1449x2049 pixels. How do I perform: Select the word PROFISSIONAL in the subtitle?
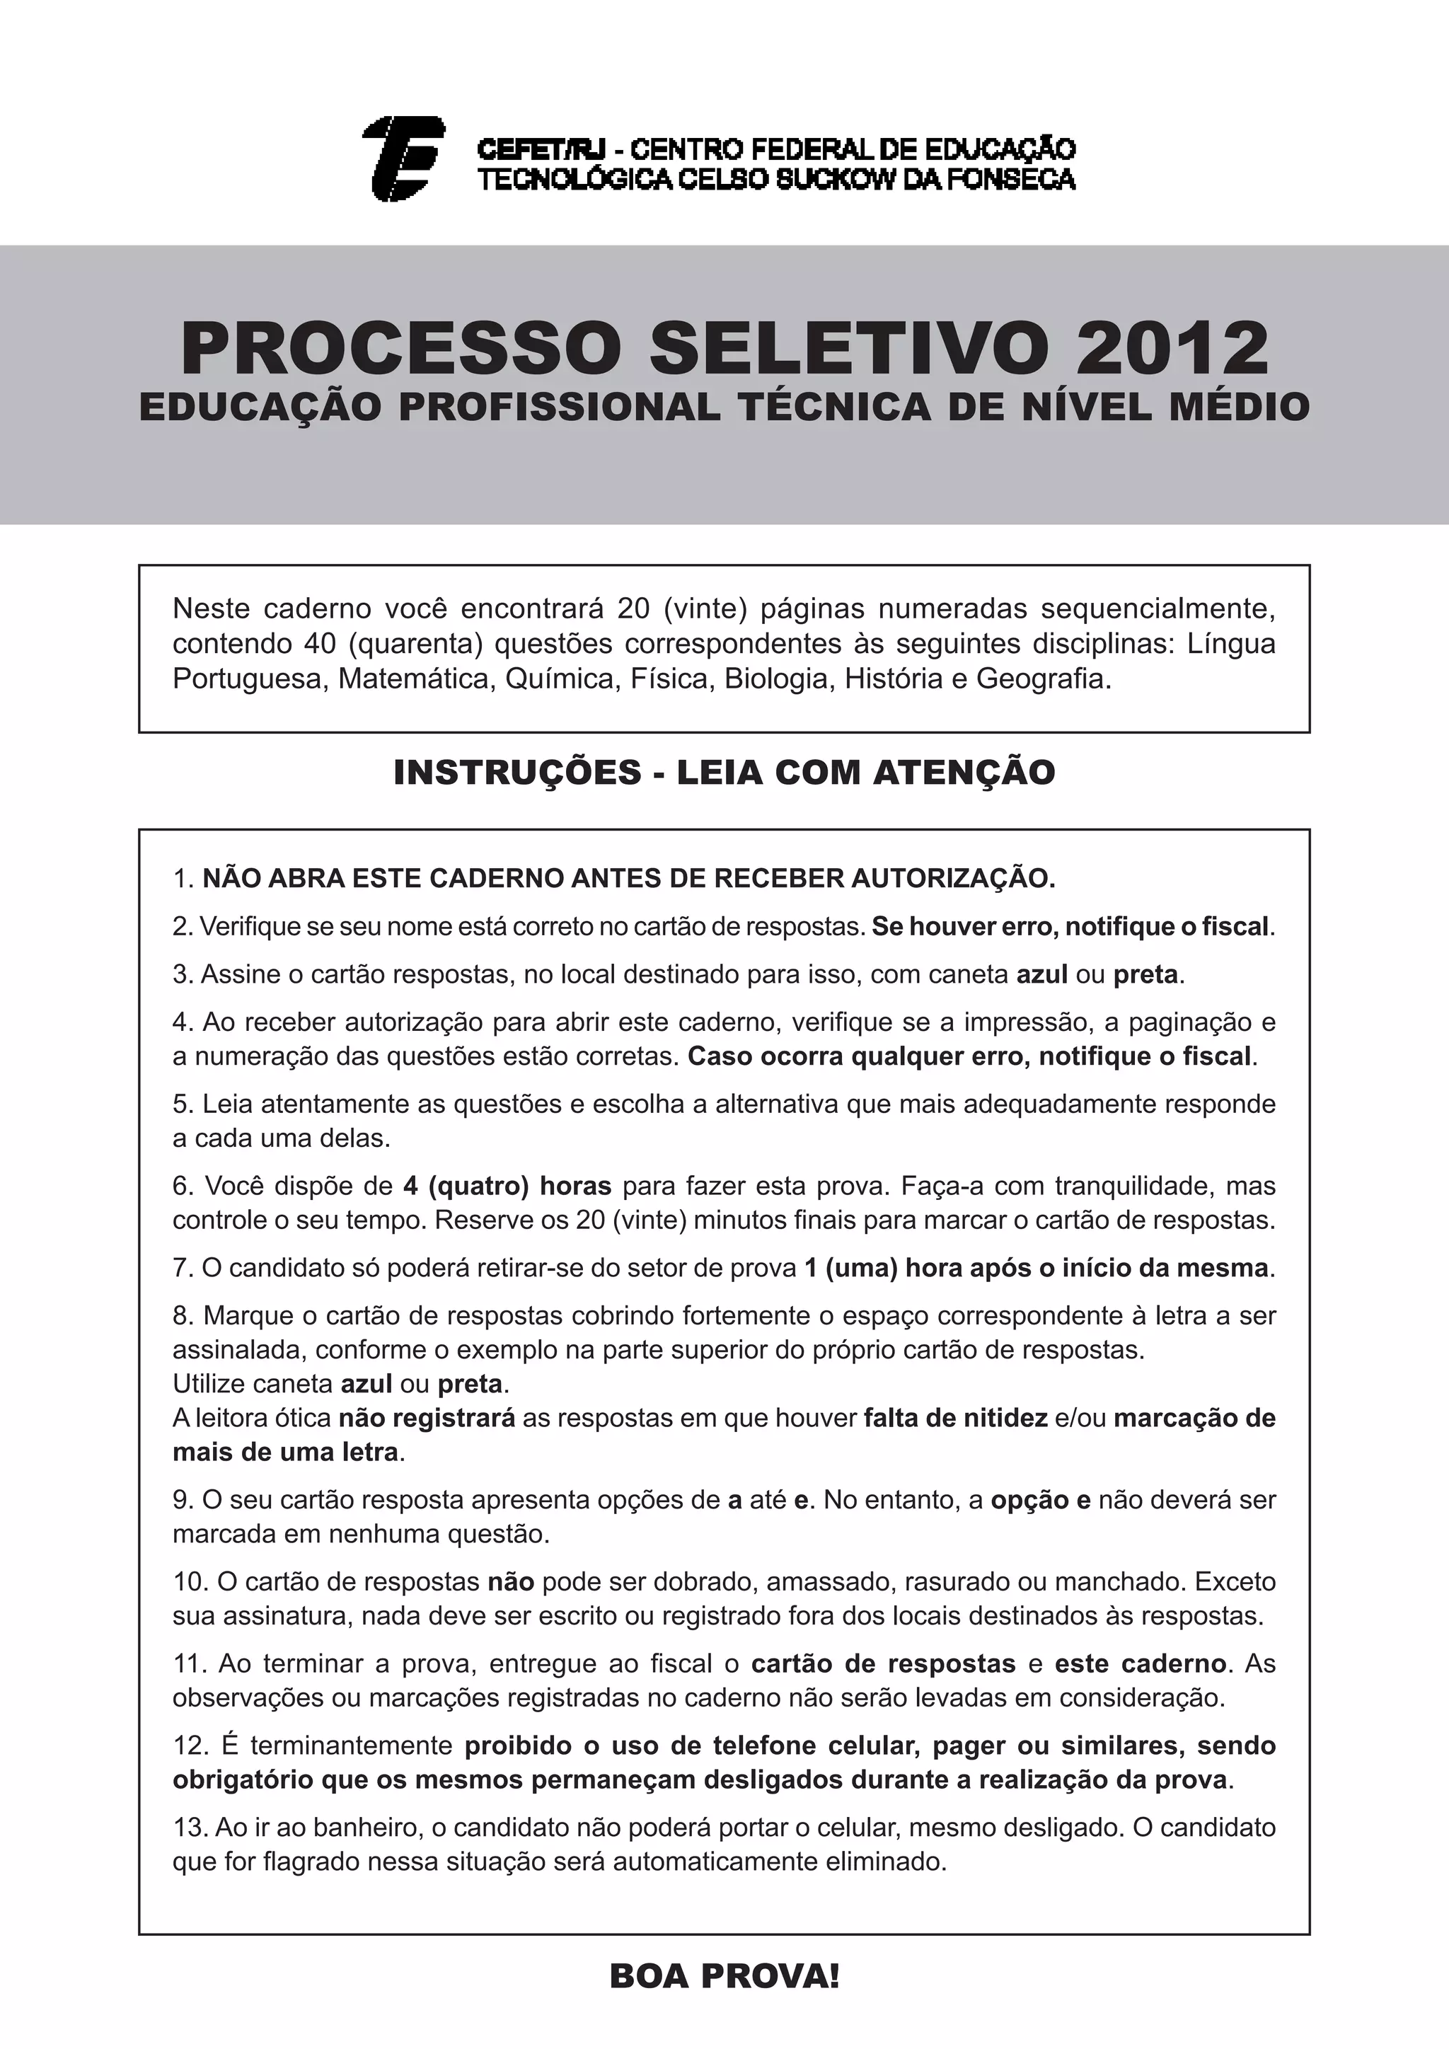(x=558, y=408)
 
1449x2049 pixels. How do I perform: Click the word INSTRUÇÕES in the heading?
(x=516, y=772)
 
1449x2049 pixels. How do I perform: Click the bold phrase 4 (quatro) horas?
(x=507, y=1186)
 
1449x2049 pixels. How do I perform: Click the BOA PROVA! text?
(x=724, y=1976)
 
